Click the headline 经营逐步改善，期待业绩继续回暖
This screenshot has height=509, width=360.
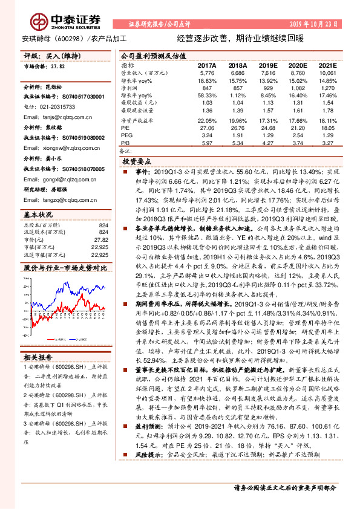tap(240, 37)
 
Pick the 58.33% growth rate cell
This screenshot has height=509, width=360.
tap(207, 96)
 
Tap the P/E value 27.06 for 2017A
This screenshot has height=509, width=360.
tap(207, 128)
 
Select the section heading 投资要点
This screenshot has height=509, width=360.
tap(136, 162)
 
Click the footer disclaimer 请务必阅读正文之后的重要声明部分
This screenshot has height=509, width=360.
tap(284, 487)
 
